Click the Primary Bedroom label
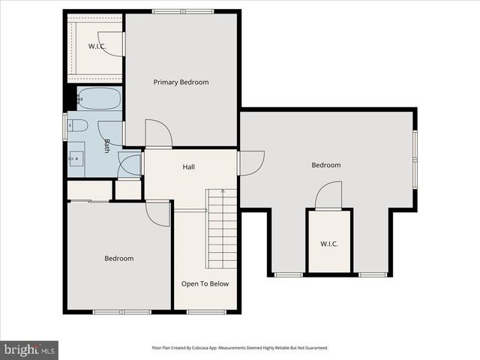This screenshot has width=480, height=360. click(181, 82)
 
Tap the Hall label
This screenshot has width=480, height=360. click(189, 166)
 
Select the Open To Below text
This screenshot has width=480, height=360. click(205, 283)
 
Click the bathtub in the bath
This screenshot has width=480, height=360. click(98, 98)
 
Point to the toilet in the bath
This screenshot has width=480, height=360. click(78, 125)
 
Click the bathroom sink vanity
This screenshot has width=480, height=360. click(76, 158)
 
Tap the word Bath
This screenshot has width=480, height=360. click(107, 146)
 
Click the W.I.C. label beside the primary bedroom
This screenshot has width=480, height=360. click(97, 46)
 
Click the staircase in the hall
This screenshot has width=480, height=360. click(222, 229)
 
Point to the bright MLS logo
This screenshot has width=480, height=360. click(29, 349)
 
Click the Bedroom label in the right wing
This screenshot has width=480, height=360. click(326, 165)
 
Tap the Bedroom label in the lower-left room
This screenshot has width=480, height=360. click(118, 259)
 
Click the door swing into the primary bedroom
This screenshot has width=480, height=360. click(158, 133)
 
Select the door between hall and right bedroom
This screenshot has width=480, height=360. click(251, 163)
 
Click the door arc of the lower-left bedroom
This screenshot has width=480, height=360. click(158, 213)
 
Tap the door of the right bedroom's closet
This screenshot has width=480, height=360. click(328, 196)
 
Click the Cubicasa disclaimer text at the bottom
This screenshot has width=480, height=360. click(240, 348)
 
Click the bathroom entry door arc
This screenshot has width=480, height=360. click(130, 164)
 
